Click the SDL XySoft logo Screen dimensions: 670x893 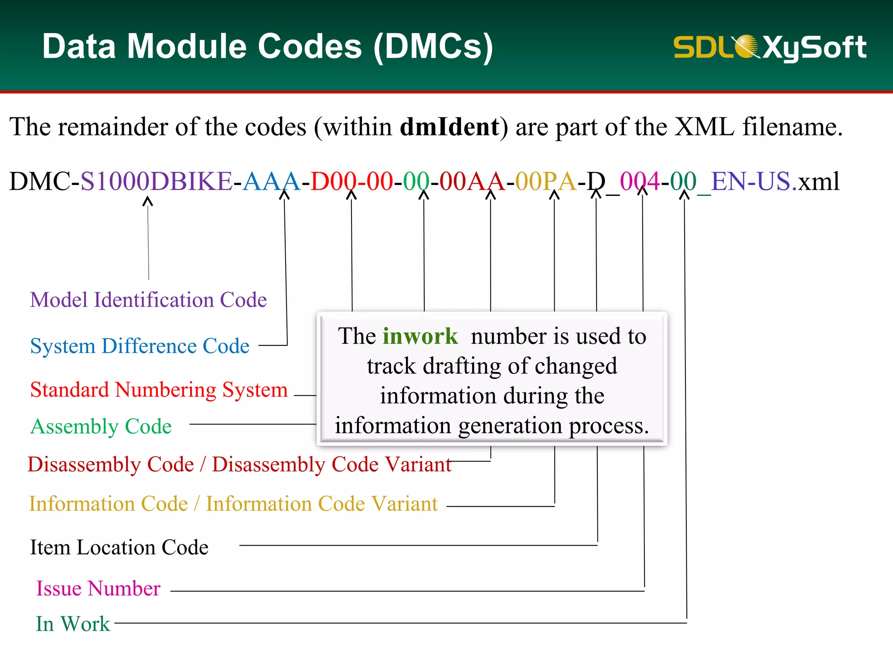coord(770,47)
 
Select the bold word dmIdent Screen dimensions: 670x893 coord(450,127)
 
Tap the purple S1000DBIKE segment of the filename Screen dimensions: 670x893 coord(156,181)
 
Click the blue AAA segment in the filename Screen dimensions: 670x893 coord(271,181)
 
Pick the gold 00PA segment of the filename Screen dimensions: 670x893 coord(545,181)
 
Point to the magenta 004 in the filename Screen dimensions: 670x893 coord(640,181)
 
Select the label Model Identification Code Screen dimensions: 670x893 coord(148,300)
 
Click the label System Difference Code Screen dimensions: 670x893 coord(140,346)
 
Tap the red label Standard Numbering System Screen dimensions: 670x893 coord(159,390)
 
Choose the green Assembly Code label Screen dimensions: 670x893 coord(101,426)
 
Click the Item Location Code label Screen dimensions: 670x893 coord(119,547)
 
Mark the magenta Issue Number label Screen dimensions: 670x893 coord(98,588)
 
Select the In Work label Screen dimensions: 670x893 coord(73,624)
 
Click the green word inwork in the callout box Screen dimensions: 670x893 coord(420,336)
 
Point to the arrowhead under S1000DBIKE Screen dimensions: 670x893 coord(148,201)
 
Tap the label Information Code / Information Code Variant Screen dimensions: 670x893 coord(233,504)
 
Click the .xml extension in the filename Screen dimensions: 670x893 coord(816,181)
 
